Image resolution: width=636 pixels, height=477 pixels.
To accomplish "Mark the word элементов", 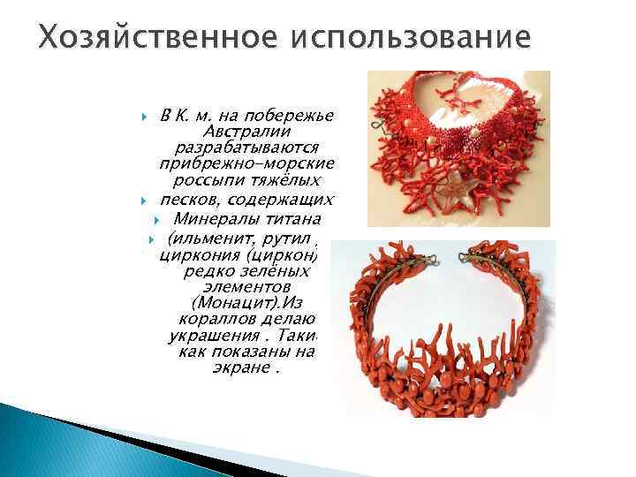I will pyautogui.click(x=239, y=288).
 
